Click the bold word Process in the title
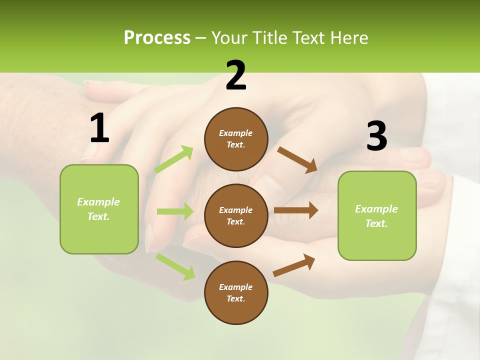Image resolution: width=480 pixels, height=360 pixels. (x=157, y=38)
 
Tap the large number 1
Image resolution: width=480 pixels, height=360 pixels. (x=99, y=128)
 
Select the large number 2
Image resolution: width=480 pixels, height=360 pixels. (x=236, y=76)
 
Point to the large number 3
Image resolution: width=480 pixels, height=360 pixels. (x=376, y=136)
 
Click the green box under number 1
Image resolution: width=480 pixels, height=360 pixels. (x=99, y=209)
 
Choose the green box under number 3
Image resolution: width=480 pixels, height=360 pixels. (x=377, y=216)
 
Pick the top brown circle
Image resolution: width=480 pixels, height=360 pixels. (x=236, y=139)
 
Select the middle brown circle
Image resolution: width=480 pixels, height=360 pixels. (x=236, y=215)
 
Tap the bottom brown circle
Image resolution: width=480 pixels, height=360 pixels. (x=236, y=292)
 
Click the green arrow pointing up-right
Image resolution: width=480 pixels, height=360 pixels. (x=174, y=159)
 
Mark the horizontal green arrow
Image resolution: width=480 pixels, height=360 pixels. (x=175, y=211)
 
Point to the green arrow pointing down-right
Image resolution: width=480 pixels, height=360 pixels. (x=175, y=266)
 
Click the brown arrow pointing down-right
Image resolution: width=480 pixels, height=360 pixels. (x=297, y=159)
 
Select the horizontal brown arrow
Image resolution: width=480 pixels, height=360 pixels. (x=296, y=210)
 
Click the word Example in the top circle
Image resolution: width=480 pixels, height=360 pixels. (x=236, y=133)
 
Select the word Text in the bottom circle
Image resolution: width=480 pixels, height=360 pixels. (x=235, y=298)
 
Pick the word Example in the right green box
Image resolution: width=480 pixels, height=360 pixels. (x=376, y=209)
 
